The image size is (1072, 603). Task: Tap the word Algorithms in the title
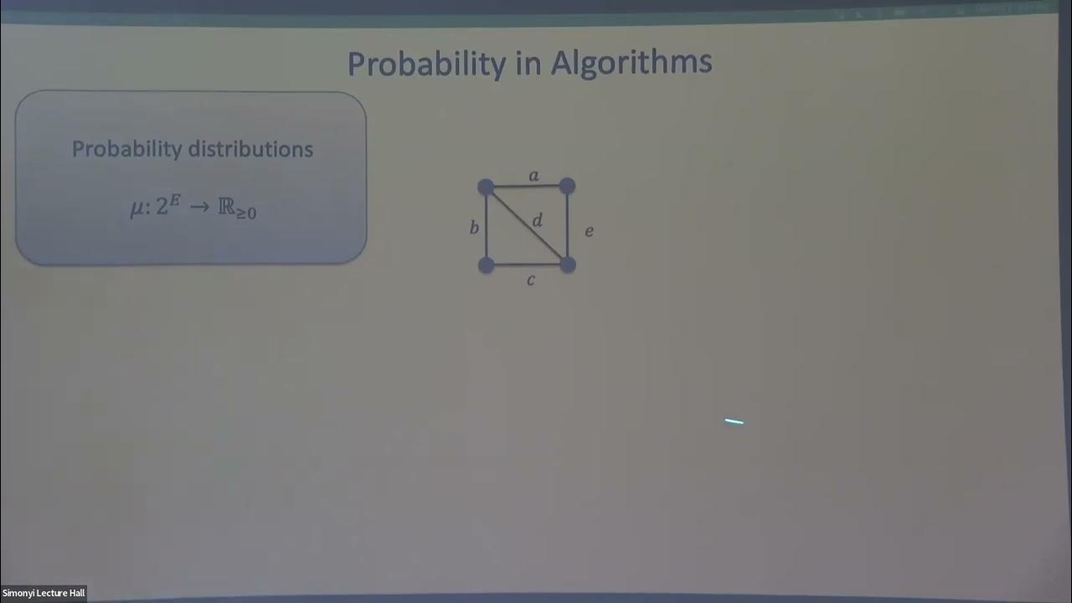pyautogui.click(x=632, y=63)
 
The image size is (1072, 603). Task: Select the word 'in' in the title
pyautogui.click(x=529, y=64)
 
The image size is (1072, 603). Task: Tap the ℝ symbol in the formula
pyautogui.click(x=226, y=207)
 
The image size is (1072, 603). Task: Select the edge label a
pyautogui.click(x=533, y=176)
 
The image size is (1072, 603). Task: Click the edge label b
pyautogui.click(x=474, y=227)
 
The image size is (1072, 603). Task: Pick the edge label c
pyautogui.click(x=530, y=281)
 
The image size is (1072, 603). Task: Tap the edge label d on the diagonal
pyautogui.click(x=538, y=220)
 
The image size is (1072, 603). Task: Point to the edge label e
pyautogui.click(x=589, y=231)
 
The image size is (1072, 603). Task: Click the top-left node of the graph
pyautogui.click(x=486, y=187)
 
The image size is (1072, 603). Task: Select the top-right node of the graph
pyautogui.click(x=567, y=185)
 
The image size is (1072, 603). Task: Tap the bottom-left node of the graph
pyautogui.click(x=486, y=265)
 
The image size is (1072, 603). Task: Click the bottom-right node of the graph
pyautogui.click(x=567, y=265)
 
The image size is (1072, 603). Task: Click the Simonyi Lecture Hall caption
pyautogui.click(x=43, y=593)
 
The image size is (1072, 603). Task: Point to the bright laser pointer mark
pyautogui.click(x=734, y=422)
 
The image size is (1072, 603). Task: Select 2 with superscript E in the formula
pyautogui.click(x=168, y=206)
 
